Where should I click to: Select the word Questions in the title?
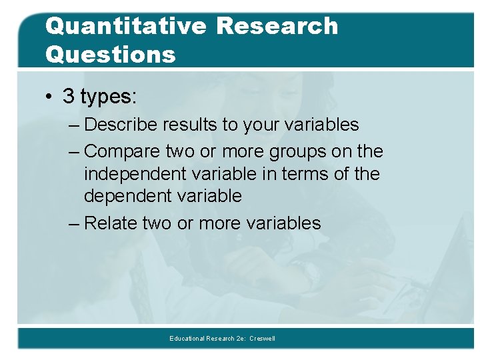tap(111, 53)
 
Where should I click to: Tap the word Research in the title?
tap(277, 27)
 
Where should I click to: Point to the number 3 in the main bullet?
tap(69, 96)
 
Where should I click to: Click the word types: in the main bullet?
tap(109, 97)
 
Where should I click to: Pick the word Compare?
tap(123, 152)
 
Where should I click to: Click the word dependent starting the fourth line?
tap(127, 197)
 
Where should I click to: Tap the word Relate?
tap(111, 223)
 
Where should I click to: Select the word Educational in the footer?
tap(186, 339)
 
